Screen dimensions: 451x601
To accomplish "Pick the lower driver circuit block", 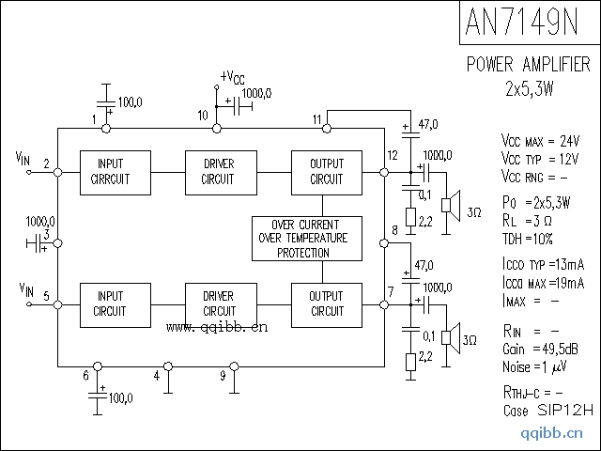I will point(219,303).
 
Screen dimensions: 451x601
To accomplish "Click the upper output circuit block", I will point(326,171).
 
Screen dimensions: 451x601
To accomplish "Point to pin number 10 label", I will point(203,116).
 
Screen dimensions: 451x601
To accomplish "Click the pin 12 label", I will point(393,155).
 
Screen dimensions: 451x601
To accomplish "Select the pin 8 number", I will point(394,230).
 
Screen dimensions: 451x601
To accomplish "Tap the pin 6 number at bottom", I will point(85,376).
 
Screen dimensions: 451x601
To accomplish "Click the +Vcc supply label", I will point(232,76).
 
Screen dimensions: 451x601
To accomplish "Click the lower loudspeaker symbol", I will point(451,336).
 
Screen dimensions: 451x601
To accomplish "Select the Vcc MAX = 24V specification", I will point(540,141).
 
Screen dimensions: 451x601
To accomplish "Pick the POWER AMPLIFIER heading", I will point(529,65).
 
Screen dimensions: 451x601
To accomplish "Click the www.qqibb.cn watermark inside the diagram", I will point(217,328).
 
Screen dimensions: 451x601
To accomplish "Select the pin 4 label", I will point(157,376).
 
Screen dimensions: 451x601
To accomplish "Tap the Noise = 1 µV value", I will point(532,365).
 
